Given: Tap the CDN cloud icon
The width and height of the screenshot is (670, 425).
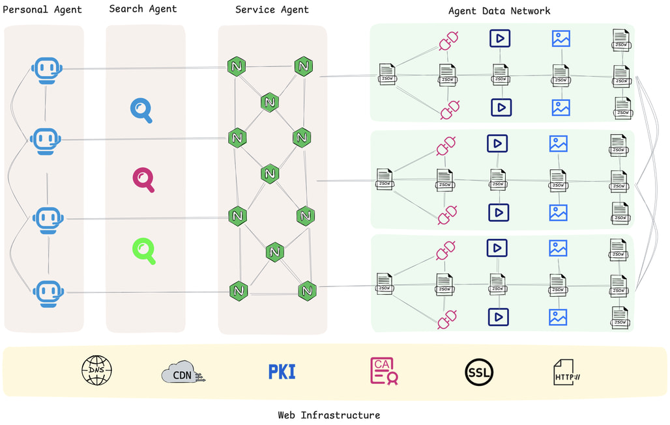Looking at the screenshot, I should pos(182,374).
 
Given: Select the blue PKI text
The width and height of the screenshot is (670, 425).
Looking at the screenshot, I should pos(282,372).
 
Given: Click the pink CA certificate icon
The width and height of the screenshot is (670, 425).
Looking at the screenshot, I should pos(384,371).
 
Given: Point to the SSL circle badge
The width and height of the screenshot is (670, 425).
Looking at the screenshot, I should pos(479,372).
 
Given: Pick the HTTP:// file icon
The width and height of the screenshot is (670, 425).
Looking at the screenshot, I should pos(566,373).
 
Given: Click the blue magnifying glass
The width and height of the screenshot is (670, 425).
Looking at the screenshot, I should pos(141,110).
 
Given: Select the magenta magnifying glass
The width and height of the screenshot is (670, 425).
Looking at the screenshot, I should pos(143,180).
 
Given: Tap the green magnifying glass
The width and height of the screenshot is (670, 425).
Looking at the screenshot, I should pos(144,251).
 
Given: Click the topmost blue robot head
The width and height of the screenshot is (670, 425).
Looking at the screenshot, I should pos(47,70).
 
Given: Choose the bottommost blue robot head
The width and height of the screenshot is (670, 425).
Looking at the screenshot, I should pos(49,293).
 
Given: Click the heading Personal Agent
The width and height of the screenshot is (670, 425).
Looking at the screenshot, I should pos(42,10).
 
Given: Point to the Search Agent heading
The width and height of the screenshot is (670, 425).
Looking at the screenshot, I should pos(143,9).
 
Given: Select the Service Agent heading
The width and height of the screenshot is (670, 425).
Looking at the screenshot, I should pos(272,10).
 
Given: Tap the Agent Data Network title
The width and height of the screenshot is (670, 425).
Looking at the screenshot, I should pos(499,11).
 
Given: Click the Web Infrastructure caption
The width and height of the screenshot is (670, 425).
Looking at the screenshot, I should pos(328,415).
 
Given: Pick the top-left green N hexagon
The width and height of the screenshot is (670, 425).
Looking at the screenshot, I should pos(236,66).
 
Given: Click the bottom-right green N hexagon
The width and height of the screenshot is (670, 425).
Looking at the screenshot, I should pos(307,291).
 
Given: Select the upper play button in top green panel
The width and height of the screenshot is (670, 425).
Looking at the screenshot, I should pos(500,38).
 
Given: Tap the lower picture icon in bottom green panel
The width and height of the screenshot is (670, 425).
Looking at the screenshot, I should pos(558,317).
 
